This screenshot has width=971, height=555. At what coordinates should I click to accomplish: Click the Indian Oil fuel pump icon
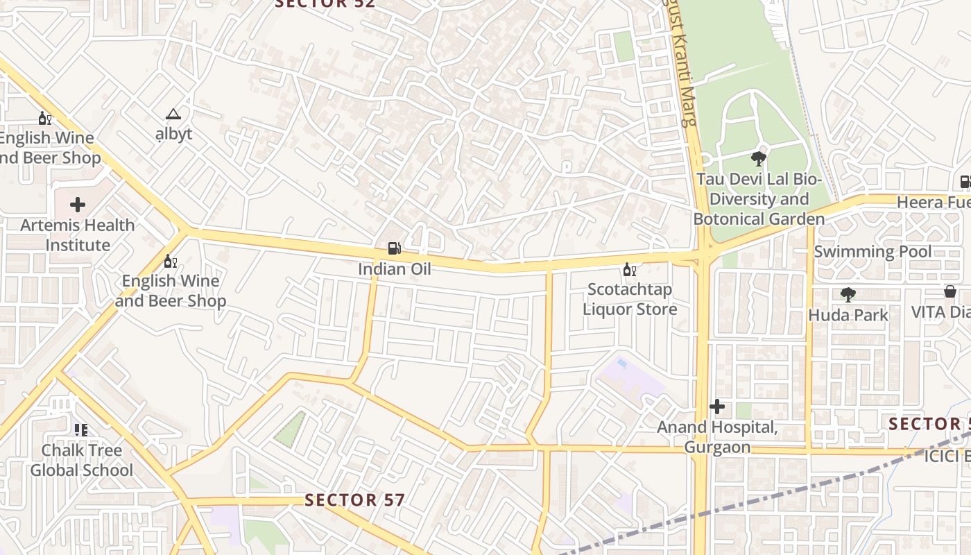(394, 248)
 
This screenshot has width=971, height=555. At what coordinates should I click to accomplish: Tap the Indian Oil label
(394, 269)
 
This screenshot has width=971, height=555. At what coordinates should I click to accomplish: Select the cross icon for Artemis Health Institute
(78, 205)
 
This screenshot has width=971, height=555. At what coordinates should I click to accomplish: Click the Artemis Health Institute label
(77, 235)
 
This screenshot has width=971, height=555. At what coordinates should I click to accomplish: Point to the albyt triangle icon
(173, 114)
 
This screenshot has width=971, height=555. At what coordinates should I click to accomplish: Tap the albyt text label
(173, 134)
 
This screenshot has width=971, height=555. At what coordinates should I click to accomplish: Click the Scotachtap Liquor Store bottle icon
(629, 269)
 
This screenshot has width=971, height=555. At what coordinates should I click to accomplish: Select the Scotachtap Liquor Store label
(629, 299)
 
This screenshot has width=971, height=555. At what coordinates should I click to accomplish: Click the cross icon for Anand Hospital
(717, 407)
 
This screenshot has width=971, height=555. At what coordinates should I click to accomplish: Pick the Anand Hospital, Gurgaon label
(717, 437)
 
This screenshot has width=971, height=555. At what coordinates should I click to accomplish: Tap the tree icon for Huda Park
(848, 295)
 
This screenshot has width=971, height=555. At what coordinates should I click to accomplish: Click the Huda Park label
(848, 315)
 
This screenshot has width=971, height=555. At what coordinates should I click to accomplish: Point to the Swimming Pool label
(873, 251)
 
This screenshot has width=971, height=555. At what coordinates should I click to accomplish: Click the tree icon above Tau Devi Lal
(759, 159)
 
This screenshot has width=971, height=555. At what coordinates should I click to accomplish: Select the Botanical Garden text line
(759, 219)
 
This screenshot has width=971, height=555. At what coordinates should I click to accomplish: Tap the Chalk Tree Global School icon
(81, 430)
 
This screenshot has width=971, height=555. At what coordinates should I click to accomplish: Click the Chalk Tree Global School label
(81, 460)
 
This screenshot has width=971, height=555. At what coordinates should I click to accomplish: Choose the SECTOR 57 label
(354, 499)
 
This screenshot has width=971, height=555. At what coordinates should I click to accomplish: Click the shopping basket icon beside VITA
(949, 291)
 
